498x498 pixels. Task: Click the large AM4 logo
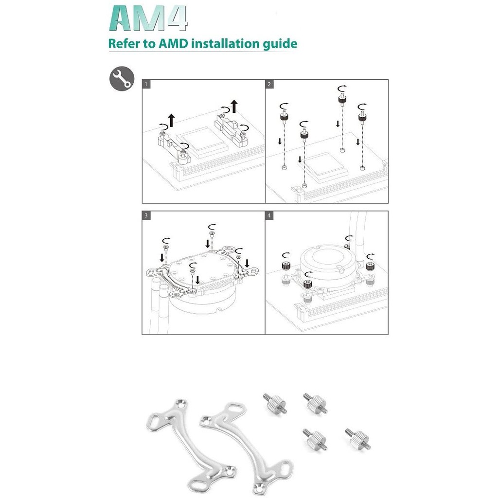pos(148,19)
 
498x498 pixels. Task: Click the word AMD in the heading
pos(173,43)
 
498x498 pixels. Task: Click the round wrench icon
pos(122,79)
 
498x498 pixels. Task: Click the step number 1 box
pos(146,84)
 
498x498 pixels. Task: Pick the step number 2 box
pos(269,84)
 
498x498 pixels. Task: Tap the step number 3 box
pos(146,215)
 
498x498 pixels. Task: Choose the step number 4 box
pos(269,215)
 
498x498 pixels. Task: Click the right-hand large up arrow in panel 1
pos(234,107)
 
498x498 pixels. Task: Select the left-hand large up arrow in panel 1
pos(172,120)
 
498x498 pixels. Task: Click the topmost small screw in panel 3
pos(212,234)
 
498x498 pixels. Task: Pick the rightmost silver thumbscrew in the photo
pos(358,439)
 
